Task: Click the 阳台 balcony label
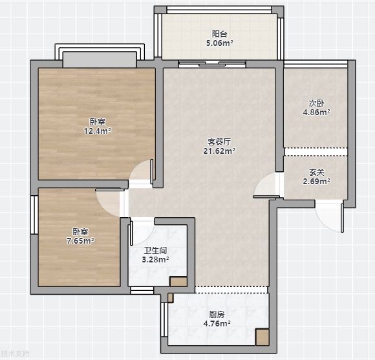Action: (x=219, y=34)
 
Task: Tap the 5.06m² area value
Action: (x=220, y=43)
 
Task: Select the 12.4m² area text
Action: (x=98, y=131)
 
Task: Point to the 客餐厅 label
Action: (x=219, y=142)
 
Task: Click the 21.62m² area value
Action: (x=219, y=151)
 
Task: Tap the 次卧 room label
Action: (x=317, y=103)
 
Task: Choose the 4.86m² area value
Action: (x=317, y=112)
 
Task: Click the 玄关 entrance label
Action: (x=317, y=173)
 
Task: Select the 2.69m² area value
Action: (x=317, y=182)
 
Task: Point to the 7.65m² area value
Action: (x=80, y=240)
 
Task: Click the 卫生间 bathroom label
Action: (x=155, y=251)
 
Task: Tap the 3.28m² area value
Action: (x=155, y=259)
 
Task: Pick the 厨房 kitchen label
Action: (x=217, y=315)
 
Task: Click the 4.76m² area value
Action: (x=217, y=323)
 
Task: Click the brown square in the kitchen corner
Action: (x=262, y=337)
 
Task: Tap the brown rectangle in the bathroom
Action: (x=178, y=282)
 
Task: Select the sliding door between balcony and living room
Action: (x=212, y=64)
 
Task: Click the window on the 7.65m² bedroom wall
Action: (x=34, y=215)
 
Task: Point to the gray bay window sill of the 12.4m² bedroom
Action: (x=100, y=60)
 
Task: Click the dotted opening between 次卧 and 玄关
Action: (x=316, y=152)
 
